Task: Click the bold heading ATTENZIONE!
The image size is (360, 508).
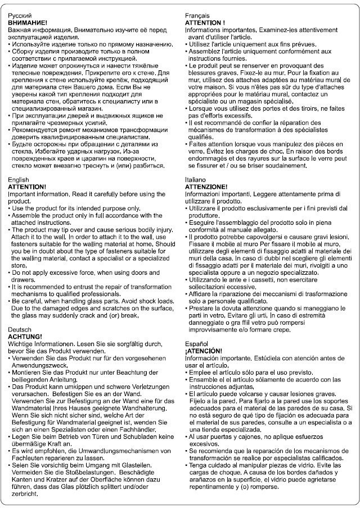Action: click(x=206, y=187)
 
